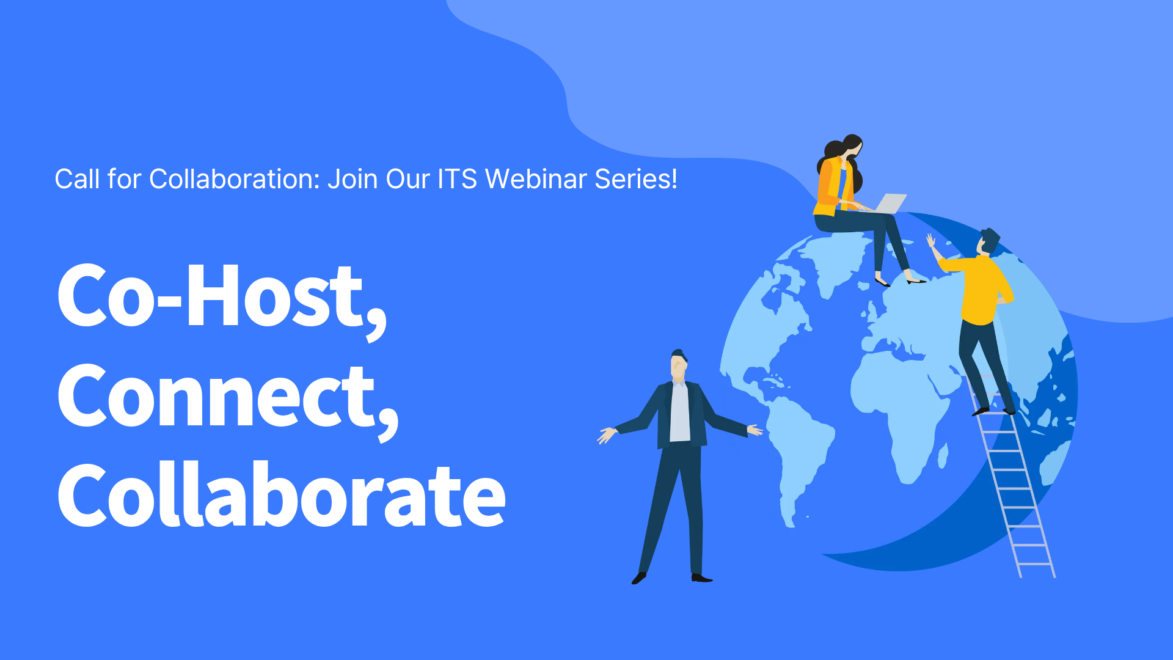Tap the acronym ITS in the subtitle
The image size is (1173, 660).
click(x=457, y=179)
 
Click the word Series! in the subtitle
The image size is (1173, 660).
click(x=636, y=179)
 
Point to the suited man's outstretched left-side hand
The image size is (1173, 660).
click(x=607, y=435)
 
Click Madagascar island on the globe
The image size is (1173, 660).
click(x=943, y=455)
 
